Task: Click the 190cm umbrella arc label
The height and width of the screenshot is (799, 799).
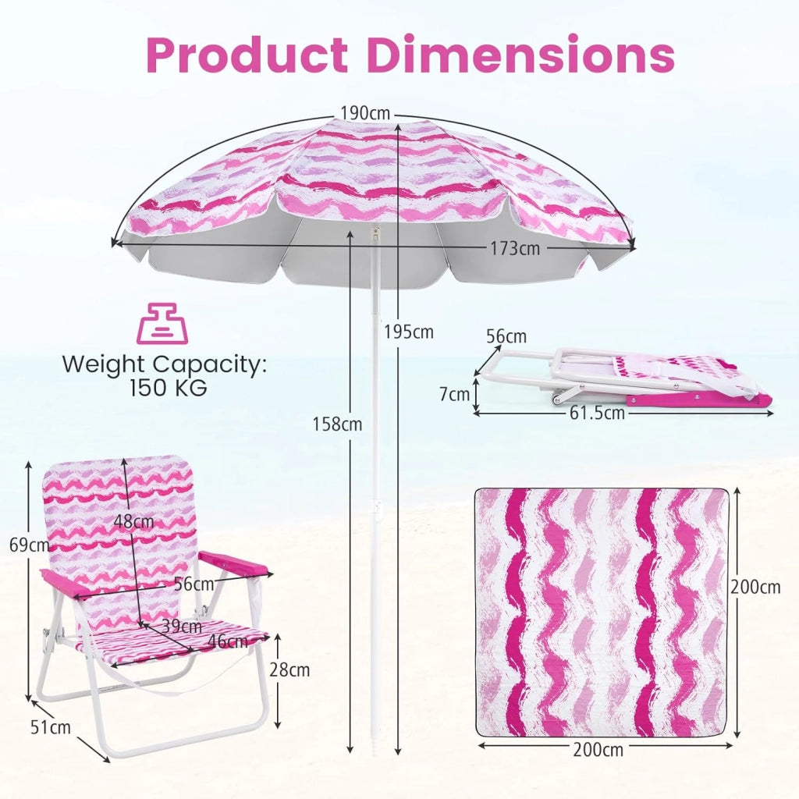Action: [x=365, y=113]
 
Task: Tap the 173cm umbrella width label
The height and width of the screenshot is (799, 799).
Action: [x=515, y=248]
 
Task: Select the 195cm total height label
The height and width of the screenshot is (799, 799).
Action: [x=409, y=332]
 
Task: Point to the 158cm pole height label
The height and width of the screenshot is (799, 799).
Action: [x=337, y=424]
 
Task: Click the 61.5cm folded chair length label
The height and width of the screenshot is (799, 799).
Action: [x=597, y=412]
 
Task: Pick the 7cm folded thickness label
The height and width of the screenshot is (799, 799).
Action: [x=455, y=394]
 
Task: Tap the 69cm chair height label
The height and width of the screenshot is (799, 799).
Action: [x=30, y=545]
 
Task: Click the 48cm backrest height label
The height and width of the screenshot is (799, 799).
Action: [x=133, y=521]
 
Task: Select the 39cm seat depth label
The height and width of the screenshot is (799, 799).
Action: [x=182, y=626]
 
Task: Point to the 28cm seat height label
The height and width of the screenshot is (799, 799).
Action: [x=289, y=669]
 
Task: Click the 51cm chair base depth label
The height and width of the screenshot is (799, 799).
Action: [x=51, y=727]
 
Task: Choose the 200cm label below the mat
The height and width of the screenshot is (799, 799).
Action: [x=598, y=750]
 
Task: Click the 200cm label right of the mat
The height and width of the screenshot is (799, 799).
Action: [x=755, y=587]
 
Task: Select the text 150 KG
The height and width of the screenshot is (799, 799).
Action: [x=169, y=389]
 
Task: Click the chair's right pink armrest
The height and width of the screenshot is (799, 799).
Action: [x=235, y=562]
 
